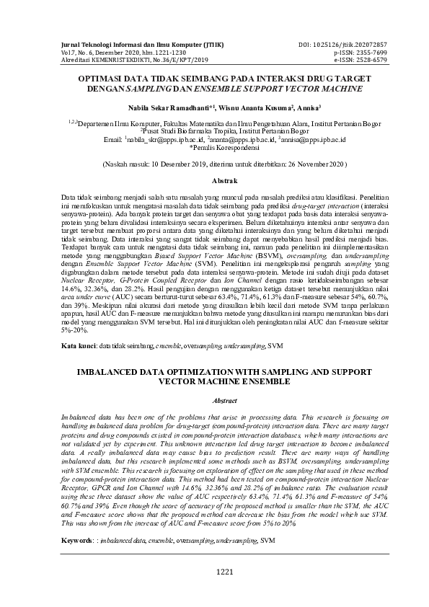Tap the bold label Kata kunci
click(78, 347)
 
